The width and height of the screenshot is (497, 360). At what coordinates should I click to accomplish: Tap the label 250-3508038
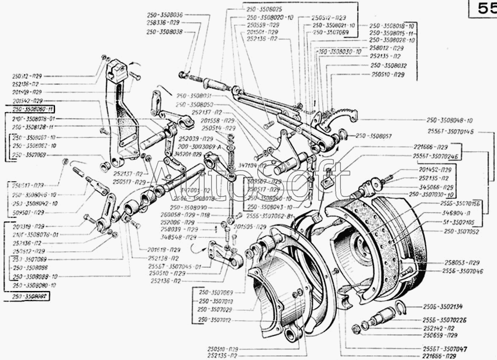163,32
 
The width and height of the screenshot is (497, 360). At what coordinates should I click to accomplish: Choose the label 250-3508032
388,67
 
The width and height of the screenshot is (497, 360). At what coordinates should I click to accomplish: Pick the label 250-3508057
374,135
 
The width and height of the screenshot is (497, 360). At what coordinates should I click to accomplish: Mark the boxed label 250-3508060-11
33,109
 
